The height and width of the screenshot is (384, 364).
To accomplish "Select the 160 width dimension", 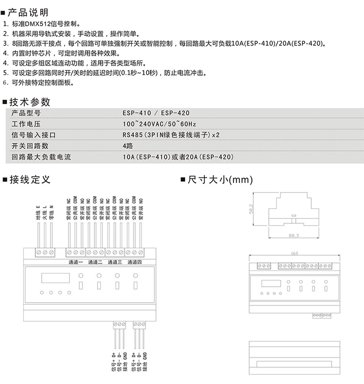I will pos(294,254).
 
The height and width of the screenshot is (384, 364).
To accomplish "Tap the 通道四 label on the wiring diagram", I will pos(134,262).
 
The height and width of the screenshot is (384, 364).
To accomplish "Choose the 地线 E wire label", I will pos(38,214).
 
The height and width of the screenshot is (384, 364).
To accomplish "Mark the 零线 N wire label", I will pos(51,214).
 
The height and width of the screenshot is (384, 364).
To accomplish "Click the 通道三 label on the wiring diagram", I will pos(115,262).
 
